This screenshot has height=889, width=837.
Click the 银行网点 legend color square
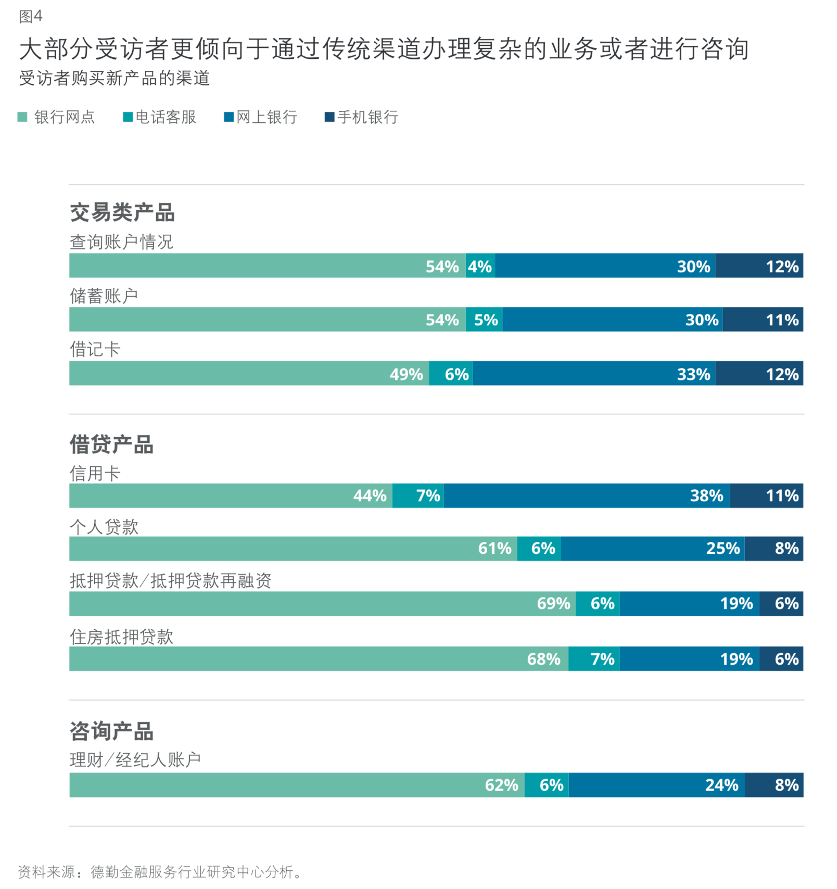(x=22, y=117)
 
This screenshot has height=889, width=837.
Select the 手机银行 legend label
(x=367, y=117)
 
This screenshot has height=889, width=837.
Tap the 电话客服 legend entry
(x=166, y=117)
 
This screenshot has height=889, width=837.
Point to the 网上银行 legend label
(x=267, y=117)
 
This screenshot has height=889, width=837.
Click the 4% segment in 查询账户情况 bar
(x=480, y=266)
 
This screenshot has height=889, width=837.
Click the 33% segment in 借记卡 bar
(x=594, y=374)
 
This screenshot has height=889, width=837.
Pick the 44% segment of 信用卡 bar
(x=231, y=496)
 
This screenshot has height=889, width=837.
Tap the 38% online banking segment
(x=587, y=496)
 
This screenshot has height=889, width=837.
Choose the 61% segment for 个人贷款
(x=293, y=549)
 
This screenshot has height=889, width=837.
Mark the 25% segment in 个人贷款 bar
(x=652, y=549)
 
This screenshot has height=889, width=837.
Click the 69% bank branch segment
(x=322, y=604)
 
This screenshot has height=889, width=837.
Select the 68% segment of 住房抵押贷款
(x=319, y=659)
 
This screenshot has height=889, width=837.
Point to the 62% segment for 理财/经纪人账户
(x=297, y=785)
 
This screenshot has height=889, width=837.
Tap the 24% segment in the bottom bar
(x=656, y=785)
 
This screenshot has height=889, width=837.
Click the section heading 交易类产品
(x=122, y=212)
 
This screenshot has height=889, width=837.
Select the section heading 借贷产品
(x=111, y=444)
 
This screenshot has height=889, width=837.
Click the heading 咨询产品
(x=111, y=731)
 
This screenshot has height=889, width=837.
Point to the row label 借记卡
(x=95, y=349)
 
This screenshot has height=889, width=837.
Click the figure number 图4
(x=31, y=17)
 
